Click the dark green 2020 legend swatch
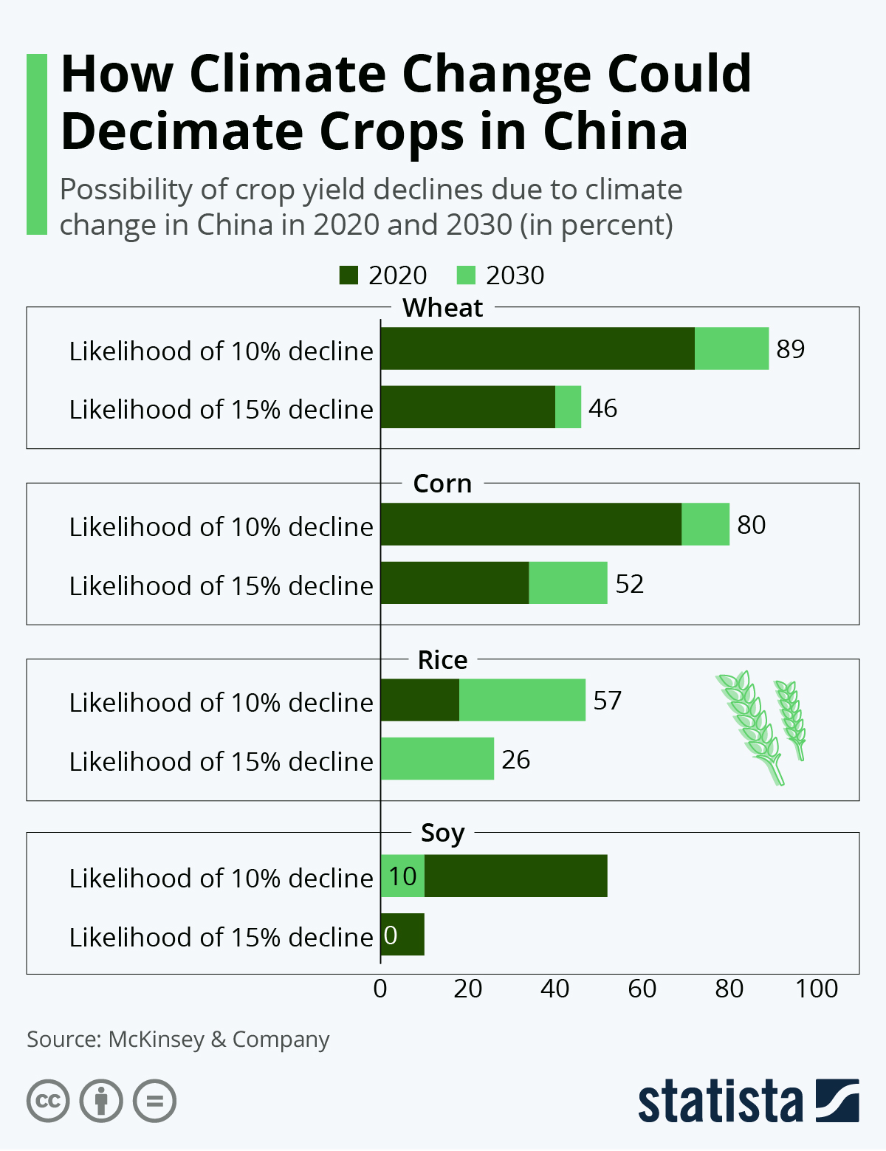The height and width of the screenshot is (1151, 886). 348,275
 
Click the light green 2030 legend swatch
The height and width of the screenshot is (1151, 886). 466,275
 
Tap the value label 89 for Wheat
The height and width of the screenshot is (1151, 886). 790,348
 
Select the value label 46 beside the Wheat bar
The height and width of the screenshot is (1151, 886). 602,408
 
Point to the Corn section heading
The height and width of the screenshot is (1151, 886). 442,484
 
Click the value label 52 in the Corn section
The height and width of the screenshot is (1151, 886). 629,584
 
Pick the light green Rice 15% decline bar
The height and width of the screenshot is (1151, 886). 437,758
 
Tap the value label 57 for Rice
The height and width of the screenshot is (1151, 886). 607,700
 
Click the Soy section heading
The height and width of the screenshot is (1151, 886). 442,833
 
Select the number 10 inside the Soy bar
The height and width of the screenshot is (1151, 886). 402,876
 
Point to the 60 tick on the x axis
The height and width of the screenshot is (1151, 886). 642,989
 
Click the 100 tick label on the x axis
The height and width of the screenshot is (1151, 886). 816,989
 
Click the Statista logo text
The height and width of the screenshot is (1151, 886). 720,1102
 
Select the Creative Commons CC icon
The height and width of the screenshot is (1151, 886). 48,1102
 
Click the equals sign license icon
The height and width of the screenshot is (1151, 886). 154,1102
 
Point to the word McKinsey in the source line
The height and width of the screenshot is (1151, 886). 156,1040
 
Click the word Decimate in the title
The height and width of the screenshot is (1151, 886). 182,132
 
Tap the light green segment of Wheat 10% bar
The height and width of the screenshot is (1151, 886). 731,348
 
